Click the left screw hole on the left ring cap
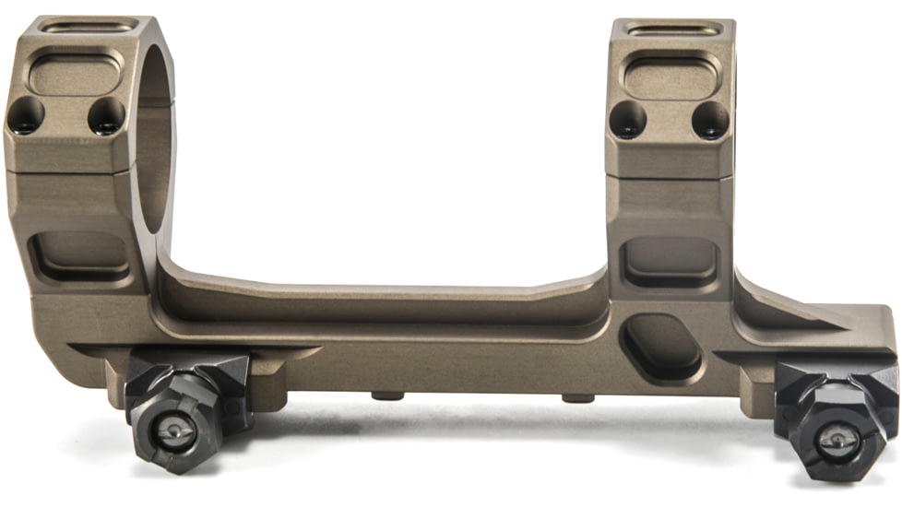pos(26,115)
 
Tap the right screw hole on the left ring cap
pos(106,116)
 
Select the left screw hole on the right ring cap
pos(628,121)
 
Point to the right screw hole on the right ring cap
pos(709,121)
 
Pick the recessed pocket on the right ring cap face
pos(672,77)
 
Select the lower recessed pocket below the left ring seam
pos(81,254)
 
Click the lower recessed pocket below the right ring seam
pos(671,262)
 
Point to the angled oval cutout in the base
pos(661,346)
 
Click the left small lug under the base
pos(386,396)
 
